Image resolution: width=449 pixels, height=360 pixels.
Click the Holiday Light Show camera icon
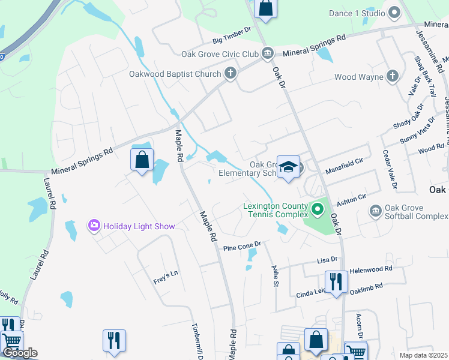[94, 226]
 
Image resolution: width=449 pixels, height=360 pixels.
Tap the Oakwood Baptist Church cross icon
[229, 74]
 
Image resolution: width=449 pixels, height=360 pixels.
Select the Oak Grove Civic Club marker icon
[268, 54]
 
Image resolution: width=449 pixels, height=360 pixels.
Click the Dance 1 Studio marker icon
[394, 13]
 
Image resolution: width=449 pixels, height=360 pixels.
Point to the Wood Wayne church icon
[392, 76]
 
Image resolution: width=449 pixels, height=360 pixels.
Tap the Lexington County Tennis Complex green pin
[318, 209]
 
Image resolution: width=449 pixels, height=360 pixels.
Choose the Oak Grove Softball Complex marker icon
[376, 211]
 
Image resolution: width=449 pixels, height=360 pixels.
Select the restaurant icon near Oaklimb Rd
[336, 281]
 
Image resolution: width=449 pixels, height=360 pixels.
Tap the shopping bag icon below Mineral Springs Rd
[142, 160]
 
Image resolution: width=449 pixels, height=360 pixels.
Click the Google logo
[20, 353]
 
